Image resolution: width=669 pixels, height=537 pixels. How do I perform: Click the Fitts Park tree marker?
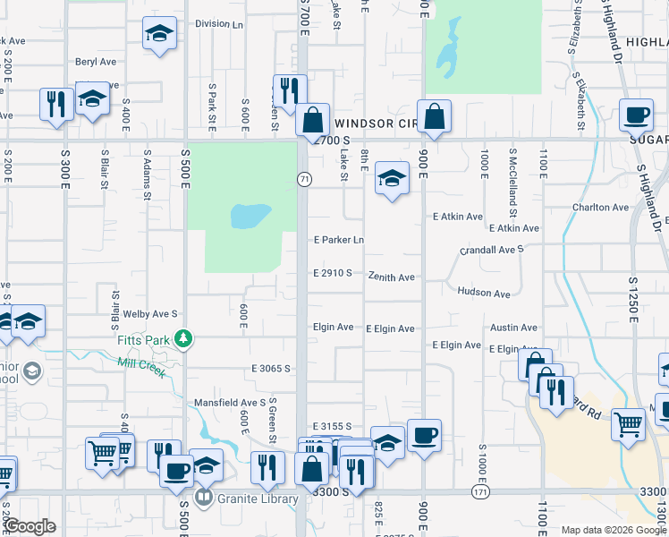(183, 338)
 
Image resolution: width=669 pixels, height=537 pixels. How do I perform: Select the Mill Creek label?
(141, 367)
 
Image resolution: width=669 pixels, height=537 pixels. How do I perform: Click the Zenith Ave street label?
(391, 277)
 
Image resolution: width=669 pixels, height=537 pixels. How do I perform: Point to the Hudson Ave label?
(483, 293)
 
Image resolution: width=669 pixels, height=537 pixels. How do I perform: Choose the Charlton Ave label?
(600, 208)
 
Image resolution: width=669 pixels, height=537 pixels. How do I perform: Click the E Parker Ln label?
(339, 240)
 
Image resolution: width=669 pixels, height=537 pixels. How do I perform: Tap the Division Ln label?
(218, 24)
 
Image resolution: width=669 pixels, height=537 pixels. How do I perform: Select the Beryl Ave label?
(96, 62)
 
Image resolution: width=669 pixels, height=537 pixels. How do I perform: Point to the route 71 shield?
(304, 179)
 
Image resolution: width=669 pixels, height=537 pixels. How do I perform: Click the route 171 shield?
(480, 491)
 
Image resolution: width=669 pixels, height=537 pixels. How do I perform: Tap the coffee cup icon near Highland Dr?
(636, 115)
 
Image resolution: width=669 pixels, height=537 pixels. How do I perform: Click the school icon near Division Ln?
(159, 34)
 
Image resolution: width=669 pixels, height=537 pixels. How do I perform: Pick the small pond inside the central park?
(250, 216)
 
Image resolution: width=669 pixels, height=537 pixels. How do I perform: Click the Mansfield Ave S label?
(231, 403)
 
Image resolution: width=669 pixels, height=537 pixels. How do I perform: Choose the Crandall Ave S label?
(492, 251)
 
